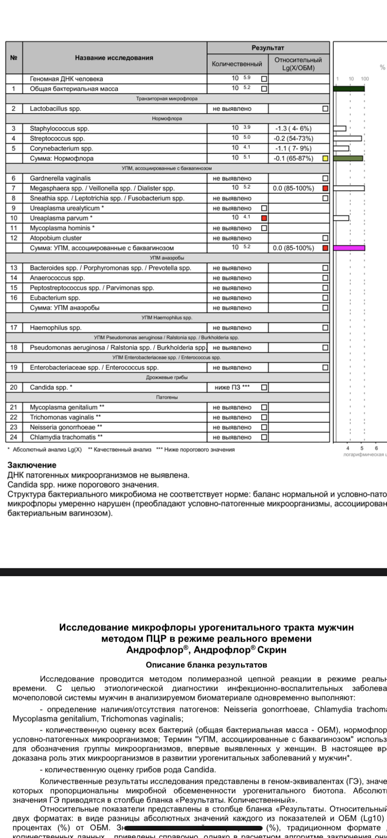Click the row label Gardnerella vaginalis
(x=60, y=178)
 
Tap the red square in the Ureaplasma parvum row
(x=264, y=218)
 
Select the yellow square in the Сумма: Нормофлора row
(x=325, y=158)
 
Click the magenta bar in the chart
(x=349, y=248)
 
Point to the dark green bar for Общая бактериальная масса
(x=349, y=88)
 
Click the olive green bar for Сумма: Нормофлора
(x=348, y=158)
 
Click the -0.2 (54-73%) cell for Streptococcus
(x=293, y=138)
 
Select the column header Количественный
(x=237, y=64)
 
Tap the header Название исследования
(x=114, y=58)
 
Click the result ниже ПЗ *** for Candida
(x=232, y=387)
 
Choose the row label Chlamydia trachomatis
(x=66, y=437)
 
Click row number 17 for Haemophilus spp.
(x=14, y=328)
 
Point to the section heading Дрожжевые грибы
(x=167, y=377)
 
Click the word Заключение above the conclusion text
(x=32, y=465)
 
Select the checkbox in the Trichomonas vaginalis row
(x=264, y=417)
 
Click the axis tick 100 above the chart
(x=365, y=79)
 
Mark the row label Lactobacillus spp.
(x=55, y=108)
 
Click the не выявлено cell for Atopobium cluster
(x=232, y=238)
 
